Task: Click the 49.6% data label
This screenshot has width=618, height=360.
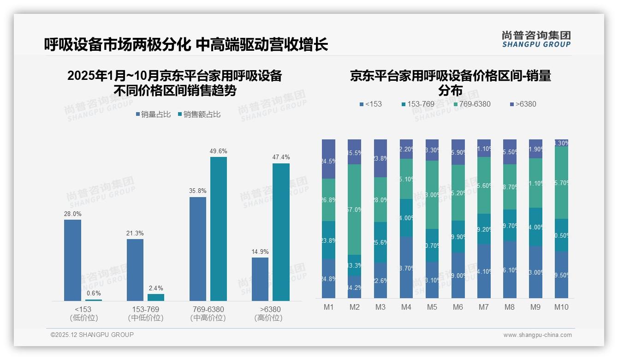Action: pyautogui.click(x=218, y=151)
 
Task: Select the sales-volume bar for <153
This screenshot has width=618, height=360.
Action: pyautogui.click(x=72, y=260)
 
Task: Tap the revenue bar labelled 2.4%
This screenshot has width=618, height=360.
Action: pyautogui.click(x=155, y=297)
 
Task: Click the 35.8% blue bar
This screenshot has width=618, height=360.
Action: pyautogui.click(x=198, y=249)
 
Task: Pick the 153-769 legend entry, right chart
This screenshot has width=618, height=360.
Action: pyautogui.click(x=418, y=104)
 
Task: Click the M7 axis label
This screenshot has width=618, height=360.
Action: pyautogui.click(x=484, y=307)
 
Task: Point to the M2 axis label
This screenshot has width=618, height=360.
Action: pyautogui.click(x=354, y=307)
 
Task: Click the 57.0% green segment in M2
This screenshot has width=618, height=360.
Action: pyautogui.click(x=354, y=210)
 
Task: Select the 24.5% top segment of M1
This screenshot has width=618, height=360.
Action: pyautogui.click(x=328, y=159)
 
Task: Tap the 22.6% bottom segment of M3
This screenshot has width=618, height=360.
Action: pyautogui.click(x=380, y=280)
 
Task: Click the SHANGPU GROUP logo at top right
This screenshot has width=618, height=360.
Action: pyautogui.click(x=536, y=39)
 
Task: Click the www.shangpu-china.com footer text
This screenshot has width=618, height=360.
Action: pyautogui.click(x=537, y=335)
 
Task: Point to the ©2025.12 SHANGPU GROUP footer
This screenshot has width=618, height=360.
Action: pyautogui.click(x=92, y=335)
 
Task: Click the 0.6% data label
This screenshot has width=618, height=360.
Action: pyautogui.click(x=93, y=294)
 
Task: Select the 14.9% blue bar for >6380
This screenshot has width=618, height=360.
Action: pyautogui.click(x=260, y=279)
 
